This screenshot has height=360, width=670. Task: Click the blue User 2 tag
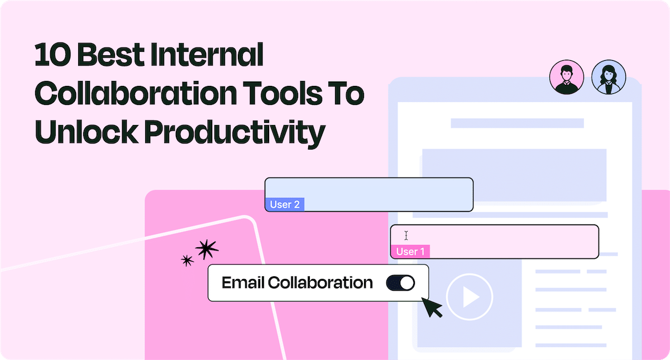pyautogui.click(x=285, y=204)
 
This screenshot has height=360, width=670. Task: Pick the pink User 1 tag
pyautogui.click(x=410, y=252)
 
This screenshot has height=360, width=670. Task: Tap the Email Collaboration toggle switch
pyautogui.click(x=400, y=283)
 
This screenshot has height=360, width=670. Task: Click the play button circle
pyautogui.click(x=470, y=297)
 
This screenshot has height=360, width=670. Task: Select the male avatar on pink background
pyautogui.click(x=566, y=77)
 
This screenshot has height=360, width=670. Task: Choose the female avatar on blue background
pyautogui.click(x=608, y=77)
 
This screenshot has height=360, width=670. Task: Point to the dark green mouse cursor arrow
pyautogui.click(x=432, y=306)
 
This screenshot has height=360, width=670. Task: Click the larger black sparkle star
pyautogui.click(x=207, y=249)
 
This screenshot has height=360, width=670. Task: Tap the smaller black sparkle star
pyautogui.click(x=188, y=260)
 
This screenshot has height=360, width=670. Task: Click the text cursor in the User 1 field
pyautogui.click(x=406, y=236)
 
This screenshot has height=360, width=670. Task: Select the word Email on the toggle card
pyautogui.click(x=243, y=283)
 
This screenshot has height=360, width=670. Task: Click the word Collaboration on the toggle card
pyautogui.click(x=320, y=283)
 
